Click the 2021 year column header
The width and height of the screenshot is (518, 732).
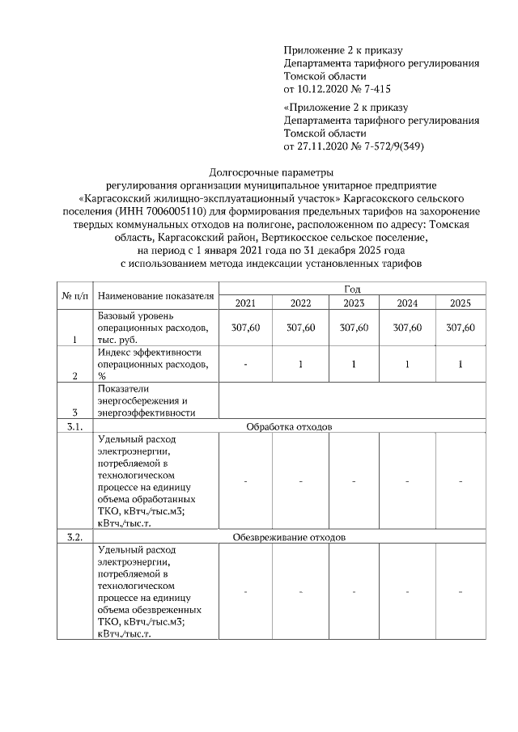point(245,303)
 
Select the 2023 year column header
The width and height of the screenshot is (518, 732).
point(354,303)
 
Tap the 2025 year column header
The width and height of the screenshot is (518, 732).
point(460,303)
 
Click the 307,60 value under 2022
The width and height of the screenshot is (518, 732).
point(299,327)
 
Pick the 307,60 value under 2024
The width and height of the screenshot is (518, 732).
point(407,327)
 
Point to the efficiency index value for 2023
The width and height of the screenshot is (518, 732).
point(354,365)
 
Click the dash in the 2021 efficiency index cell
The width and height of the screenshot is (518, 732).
point(245,365)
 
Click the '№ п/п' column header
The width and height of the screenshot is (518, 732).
point(75,296)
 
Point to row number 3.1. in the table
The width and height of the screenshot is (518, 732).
point(74,425)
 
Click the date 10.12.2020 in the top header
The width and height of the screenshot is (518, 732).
point(323,87)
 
